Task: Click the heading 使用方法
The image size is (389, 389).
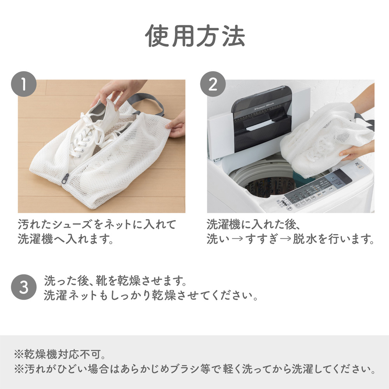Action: (195, 36)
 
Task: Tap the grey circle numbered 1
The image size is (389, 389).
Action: (24, 84)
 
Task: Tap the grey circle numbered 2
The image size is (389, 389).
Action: (213, 84)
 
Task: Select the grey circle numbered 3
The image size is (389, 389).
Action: (24, 287)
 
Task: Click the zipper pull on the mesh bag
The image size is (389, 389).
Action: (65, 179)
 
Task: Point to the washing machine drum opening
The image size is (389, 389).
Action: (263, 184)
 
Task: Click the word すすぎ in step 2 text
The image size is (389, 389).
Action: (261, 239)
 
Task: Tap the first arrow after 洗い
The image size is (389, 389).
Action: (237, 239)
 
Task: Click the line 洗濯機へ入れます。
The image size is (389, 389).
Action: (66, 239)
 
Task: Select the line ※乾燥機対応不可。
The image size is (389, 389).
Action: (60, 354)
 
